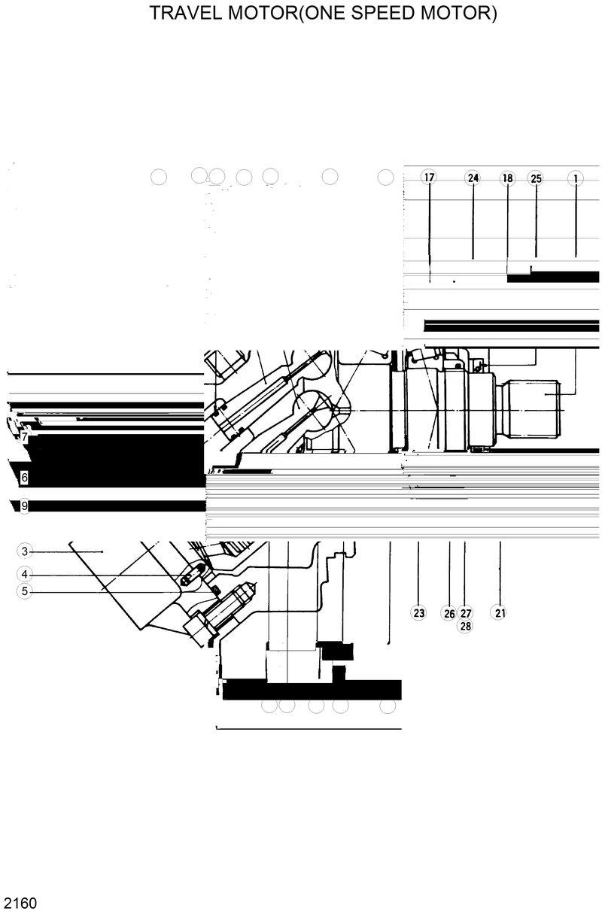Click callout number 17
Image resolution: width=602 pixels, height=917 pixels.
tap(429, 178)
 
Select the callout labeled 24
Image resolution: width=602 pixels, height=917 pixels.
tap(473, 178)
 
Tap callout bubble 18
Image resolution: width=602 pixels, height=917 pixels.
tap(507, 178)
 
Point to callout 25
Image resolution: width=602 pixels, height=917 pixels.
tap(536, 178)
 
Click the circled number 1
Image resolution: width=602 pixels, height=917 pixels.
tap(576, 178)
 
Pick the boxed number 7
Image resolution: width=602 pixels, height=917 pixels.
tap(25, 437)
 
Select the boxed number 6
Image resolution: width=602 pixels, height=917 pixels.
tap(25, 477)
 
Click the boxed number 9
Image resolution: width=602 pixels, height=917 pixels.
tap(25, 506)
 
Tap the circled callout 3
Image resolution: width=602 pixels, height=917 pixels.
tap(25, 551)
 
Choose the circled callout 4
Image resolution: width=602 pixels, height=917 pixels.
tap(25, 574)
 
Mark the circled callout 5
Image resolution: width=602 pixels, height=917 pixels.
tap(25, 591)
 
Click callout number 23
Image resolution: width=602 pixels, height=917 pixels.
tap(419, 612)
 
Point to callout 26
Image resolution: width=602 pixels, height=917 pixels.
tap(449, 613)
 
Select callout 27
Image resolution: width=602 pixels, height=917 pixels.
tap(466, 613)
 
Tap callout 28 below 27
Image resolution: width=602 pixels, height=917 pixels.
tap(466, 626)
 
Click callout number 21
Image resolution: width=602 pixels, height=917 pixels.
tap(500, 612)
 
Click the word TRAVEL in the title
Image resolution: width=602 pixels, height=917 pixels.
tap(181, 14)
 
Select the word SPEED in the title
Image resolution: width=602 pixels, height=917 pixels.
tap(391, 14)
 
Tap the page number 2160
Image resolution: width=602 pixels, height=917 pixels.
tap(20, 903)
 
